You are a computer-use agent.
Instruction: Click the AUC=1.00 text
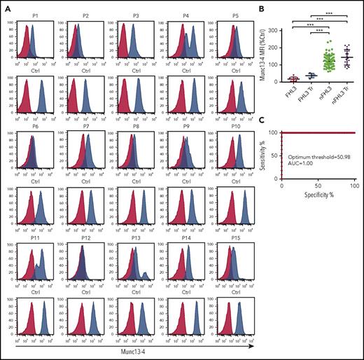pos(300,166)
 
